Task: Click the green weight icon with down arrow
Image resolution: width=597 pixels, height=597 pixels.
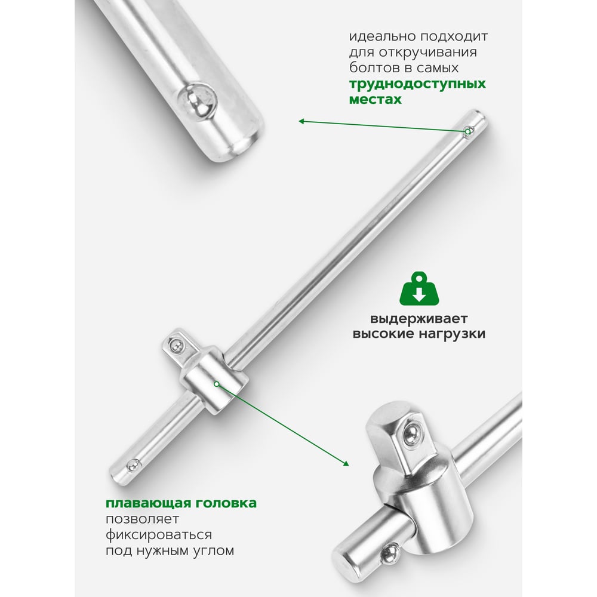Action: pyautogui.click(x=419, y=288)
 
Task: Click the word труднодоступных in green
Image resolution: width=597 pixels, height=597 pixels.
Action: pyautogui.click(x=417, y=84)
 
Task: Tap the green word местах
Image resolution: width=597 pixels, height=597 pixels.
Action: pyautogui.click(x=376, y=99)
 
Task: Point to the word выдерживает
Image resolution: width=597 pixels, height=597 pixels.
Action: pyautogui.click(x=419, y=319)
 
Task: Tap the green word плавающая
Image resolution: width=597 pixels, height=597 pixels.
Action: pyautogui.click(x=147, y=503)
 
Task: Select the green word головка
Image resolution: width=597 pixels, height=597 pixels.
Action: pyautogui.click(x=226, y=503)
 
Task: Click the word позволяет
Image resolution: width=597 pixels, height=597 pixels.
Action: pyautogui.click(x=142, y=519)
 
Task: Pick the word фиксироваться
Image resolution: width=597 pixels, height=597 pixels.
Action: pyautogui.click(x=159, y=535)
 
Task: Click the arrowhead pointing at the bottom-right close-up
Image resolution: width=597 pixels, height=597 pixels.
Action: pyautogui.click(x=346, y=463)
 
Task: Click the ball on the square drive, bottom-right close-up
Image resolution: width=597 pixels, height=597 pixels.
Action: pyautogui.click(x=411, y=435)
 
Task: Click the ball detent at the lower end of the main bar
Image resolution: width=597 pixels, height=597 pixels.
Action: pyautogui.click(x=133, y=464)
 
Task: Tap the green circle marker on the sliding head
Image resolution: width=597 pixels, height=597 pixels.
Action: pyautogui.click(x=216, y=384)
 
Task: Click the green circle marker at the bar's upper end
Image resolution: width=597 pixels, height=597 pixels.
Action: pyautogui.click(x=467, y=132)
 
